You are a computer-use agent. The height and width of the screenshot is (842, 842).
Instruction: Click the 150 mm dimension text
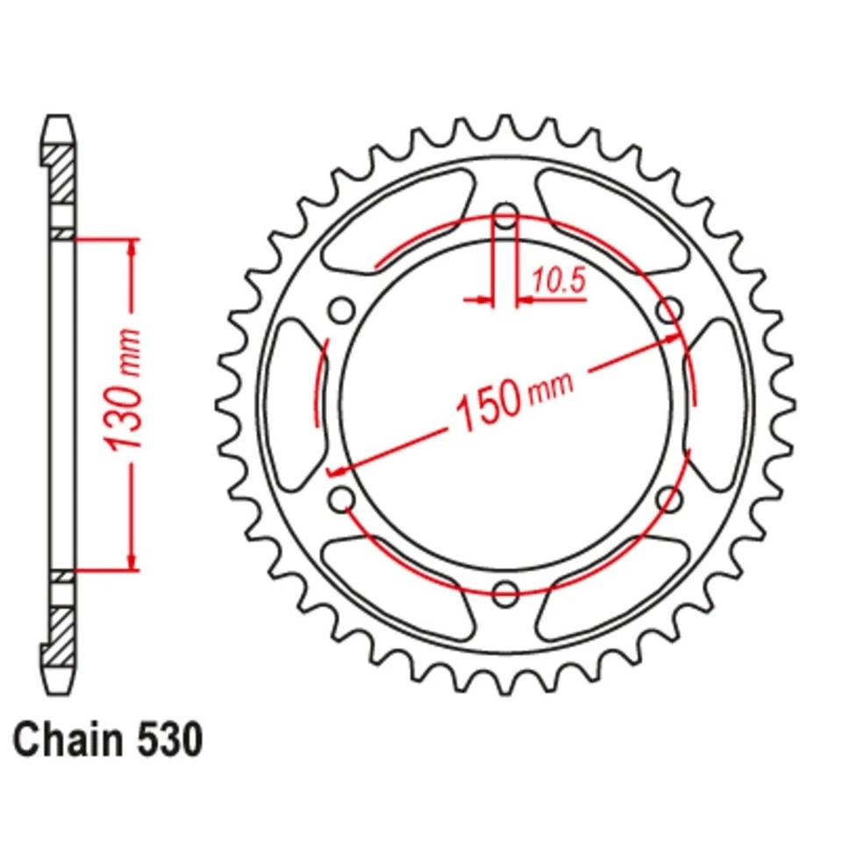click(513, 400)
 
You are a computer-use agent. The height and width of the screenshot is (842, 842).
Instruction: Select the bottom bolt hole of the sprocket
click(505, 595)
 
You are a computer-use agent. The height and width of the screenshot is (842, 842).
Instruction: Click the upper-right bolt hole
click(670, 309)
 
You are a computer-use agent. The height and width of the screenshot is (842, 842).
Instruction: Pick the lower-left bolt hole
click(341, 500)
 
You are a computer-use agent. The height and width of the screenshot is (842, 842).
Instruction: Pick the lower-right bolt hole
click(669, 500)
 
